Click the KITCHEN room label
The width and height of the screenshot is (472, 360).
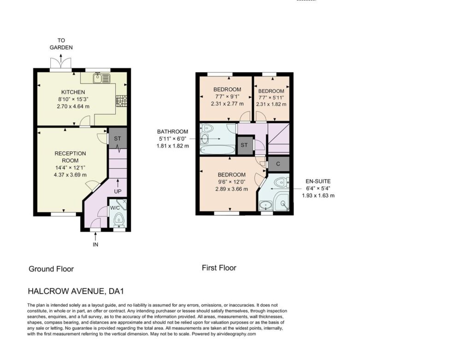pos(73,92)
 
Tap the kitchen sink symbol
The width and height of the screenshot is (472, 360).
pos(102,78)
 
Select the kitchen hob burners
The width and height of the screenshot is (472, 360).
pos(122,101)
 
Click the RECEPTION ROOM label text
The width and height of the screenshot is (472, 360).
pos(70,157)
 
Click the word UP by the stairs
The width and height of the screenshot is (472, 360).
pos(118,191)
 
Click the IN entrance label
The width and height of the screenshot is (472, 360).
pos(95,244)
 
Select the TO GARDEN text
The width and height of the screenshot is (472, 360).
pos(61,44)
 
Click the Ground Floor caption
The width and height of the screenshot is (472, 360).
pos(51,269)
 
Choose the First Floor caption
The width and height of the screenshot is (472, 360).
pos(219,268)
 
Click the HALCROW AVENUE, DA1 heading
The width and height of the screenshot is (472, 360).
pos(76,291)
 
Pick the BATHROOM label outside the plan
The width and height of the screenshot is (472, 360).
pos(172,131)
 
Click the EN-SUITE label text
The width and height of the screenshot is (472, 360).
pos(318,181)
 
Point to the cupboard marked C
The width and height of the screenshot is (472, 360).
pos(278,164)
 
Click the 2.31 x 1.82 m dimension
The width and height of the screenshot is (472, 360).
pos(271,104)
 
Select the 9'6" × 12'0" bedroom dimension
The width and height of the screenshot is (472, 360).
pos(232,182)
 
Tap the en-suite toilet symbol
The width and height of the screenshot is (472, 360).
pos(282,182)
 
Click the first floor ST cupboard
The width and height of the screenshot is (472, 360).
pos(244,145)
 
